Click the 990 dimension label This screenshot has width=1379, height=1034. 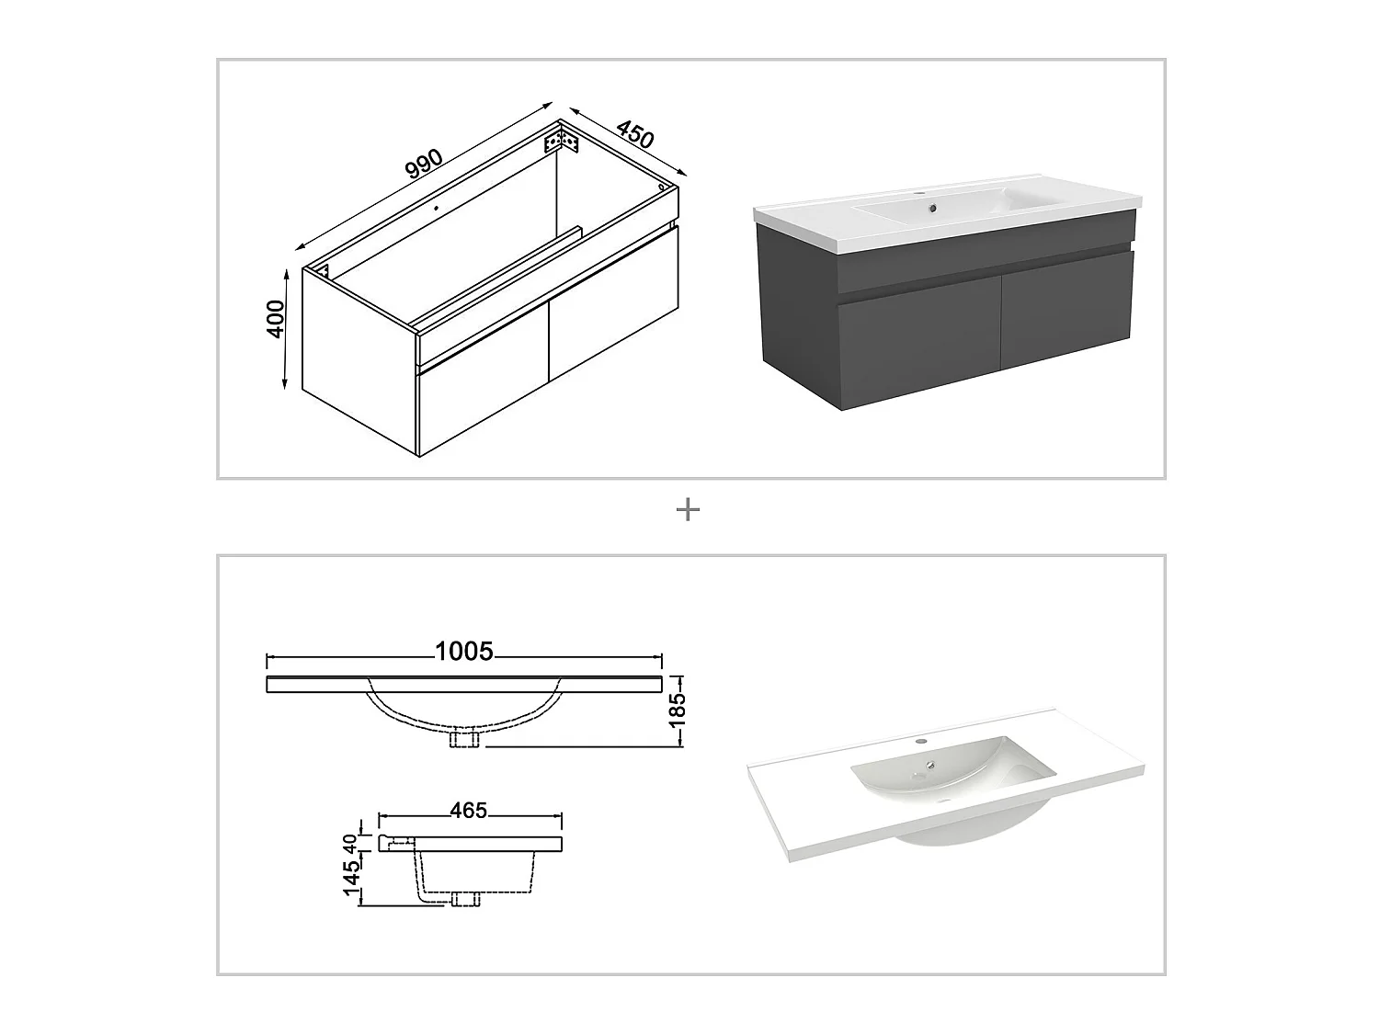424,165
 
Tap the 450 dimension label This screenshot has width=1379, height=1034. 635,135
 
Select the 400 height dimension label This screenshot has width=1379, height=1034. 276,319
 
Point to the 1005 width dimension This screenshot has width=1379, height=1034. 464,652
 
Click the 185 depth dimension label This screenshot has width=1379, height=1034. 678,711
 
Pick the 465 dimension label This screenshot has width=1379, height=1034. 469,811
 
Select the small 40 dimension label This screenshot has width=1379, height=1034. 350,843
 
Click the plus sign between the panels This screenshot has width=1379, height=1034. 688,510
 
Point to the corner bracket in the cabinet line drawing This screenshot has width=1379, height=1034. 561,142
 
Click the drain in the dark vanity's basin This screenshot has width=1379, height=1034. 933,208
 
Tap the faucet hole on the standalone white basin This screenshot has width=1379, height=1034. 921,742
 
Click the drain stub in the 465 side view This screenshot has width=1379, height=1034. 465,899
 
